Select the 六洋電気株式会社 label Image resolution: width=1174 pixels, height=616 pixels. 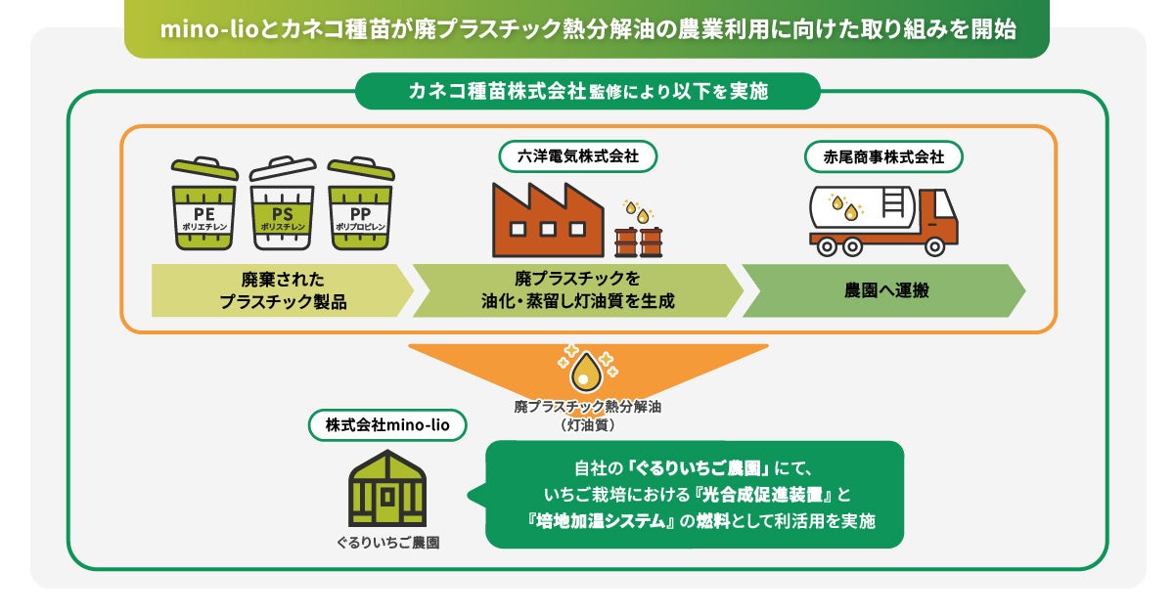pyautogui.click(x=576, y=155)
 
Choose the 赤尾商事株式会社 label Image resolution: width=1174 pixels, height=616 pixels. pyautogui.click(x=882, y=155)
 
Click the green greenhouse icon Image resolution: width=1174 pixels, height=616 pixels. pyautogui.click(x=388, y=487)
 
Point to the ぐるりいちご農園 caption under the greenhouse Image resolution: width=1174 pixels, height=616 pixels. pyautogui.click(x=388, y=541)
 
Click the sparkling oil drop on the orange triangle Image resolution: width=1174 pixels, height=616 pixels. pyautogui.click(x=587, y=369)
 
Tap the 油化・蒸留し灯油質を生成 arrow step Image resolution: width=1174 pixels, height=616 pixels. pyautogui.click(x=577, y=290)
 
